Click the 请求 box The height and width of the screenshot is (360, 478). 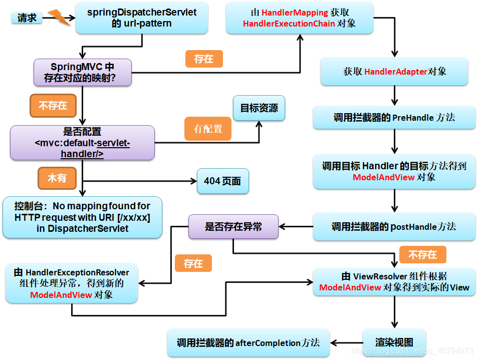(27, 18)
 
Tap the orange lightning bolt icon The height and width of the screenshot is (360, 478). (58, 18)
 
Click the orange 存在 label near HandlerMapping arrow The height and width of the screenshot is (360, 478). (203, 59)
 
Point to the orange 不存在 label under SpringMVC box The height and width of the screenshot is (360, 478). (53, 106)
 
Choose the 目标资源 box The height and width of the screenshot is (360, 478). (259, 108)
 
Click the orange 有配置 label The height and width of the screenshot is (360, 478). (208, 129)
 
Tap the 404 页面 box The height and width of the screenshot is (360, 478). (222, 181)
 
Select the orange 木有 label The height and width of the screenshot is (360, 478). (57, 178)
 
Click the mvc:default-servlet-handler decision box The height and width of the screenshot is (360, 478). (82, 143)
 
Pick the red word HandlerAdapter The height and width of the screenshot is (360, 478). (395, 72)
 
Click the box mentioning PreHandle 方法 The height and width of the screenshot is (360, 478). (394, 118)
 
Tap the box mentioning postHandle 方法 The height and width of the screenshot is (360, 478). (394, 226)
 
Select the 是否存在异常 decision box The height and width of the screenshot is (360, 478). (233, 227)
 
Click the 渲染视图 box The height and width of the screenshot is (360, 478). (394, 342)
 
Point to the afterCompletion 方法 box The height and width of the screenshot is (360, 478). (248, 342)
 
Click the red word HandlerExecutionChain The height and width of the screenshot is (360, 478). (289, 24)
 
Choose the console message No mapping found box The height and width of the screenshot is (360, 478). (82, 217)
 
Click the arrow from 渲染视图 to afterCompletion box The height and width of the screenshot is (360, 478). (346, 343)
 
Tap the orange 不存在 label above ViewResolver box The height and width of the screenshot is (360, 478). (422, 255)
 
